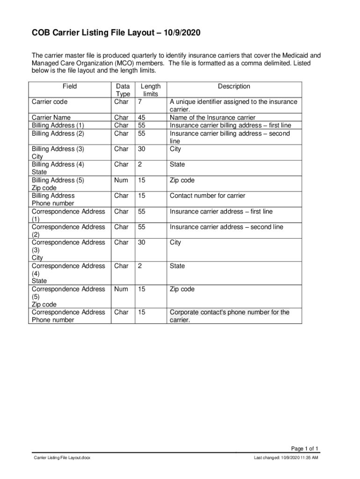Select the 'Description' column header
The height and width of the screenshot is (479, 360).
234,87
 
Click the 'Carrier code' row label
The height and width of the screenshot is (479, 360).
50,102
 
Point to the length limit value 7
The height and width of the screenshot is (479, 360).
139,102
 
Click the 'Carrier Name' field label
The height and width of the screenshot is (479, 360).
51,118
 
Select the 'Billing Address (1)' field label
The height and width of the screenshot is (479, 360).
58,125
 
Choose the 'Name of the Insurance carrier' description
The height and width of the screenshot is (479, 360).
213,118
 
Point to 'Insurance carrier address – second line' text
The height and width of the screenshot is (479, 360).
226,227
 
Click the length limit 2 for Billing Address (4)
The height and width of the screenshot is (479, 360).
139,165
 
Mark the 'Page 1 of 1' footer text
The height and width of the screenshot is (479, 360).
304,448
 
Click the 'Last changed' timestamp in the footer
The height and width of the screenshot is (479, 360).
286,458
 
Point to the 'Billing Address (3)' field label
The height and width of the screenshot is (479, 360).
58,149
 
